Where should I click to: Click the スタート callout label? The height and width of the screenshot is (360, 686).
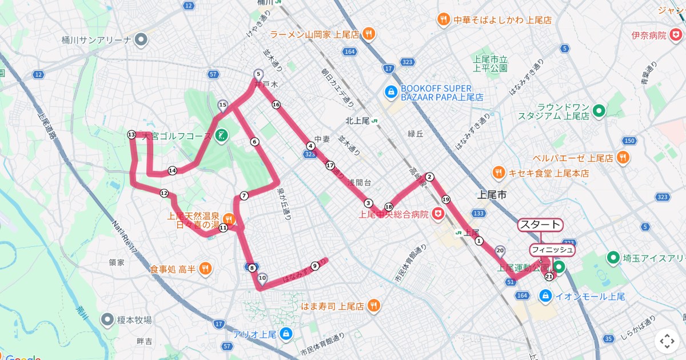pos(540,225)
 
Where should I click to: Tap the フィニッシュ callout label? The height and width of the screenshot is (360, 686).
pos(552,250)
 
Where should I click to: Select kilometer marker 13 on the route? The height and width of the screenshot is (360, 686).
pos(131,135)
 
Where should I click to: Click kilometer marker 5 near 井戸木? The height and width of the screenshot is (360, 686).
pos(258,74)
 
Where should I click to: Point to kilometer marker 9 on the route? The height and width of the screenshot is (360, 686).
pos(314,266)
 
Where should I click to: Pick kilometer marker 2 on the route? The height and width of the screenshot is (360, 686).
pos(430,177)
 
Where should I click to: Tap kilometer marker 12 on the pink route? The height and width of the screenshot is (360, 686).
pos(164,193)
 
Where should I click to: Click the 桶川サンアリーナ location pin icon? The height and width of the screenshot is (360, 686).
pos(141,40)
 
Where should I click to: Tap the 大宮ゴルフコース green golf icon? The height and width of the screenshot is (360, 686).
pos(221,136)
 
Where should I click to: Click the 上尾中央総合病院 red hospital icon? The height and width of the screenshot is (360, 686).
pos(438,214)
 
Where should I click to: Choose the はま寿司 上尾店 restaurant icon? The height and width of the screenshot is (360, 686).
pos(373,306)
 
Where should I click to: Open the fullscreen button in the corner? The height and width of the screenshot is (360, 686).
pos(667,342)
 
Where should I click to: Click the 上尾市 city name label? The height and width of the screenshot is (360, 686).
pos(492,195)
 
